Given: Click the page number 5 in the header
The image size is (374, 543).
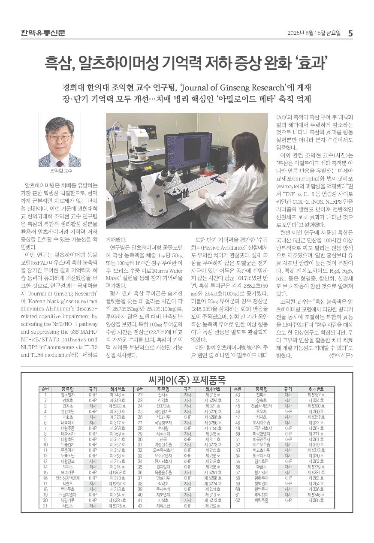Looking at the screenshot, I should click(350, 33).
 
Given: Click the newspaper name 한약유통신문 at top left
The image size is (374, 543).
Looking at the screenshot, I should click(43, 33).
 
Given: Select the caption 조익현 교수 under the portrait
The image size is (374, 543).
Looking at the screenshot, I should click(59, 170).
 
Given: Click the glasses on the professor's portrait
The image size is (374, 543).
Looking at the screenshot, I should click(60, 138).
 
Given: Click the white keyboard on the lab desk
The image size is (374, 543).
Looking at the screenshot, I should click(195, 184).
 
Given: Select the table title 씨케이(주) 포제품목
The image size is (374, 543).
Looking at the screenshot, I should click(187, 380).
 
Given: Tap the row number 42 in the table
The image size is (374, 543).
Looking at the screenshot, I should click(139, 506).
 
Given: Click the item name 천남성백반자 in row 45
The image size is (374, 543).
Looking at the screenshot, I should click(261, 405).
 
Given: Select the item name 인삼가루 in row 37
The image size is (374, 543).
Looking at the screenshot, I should click(163, 478).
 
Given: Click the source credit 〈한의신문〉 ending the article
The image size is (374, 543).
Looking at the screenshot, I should click(340, 356).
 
